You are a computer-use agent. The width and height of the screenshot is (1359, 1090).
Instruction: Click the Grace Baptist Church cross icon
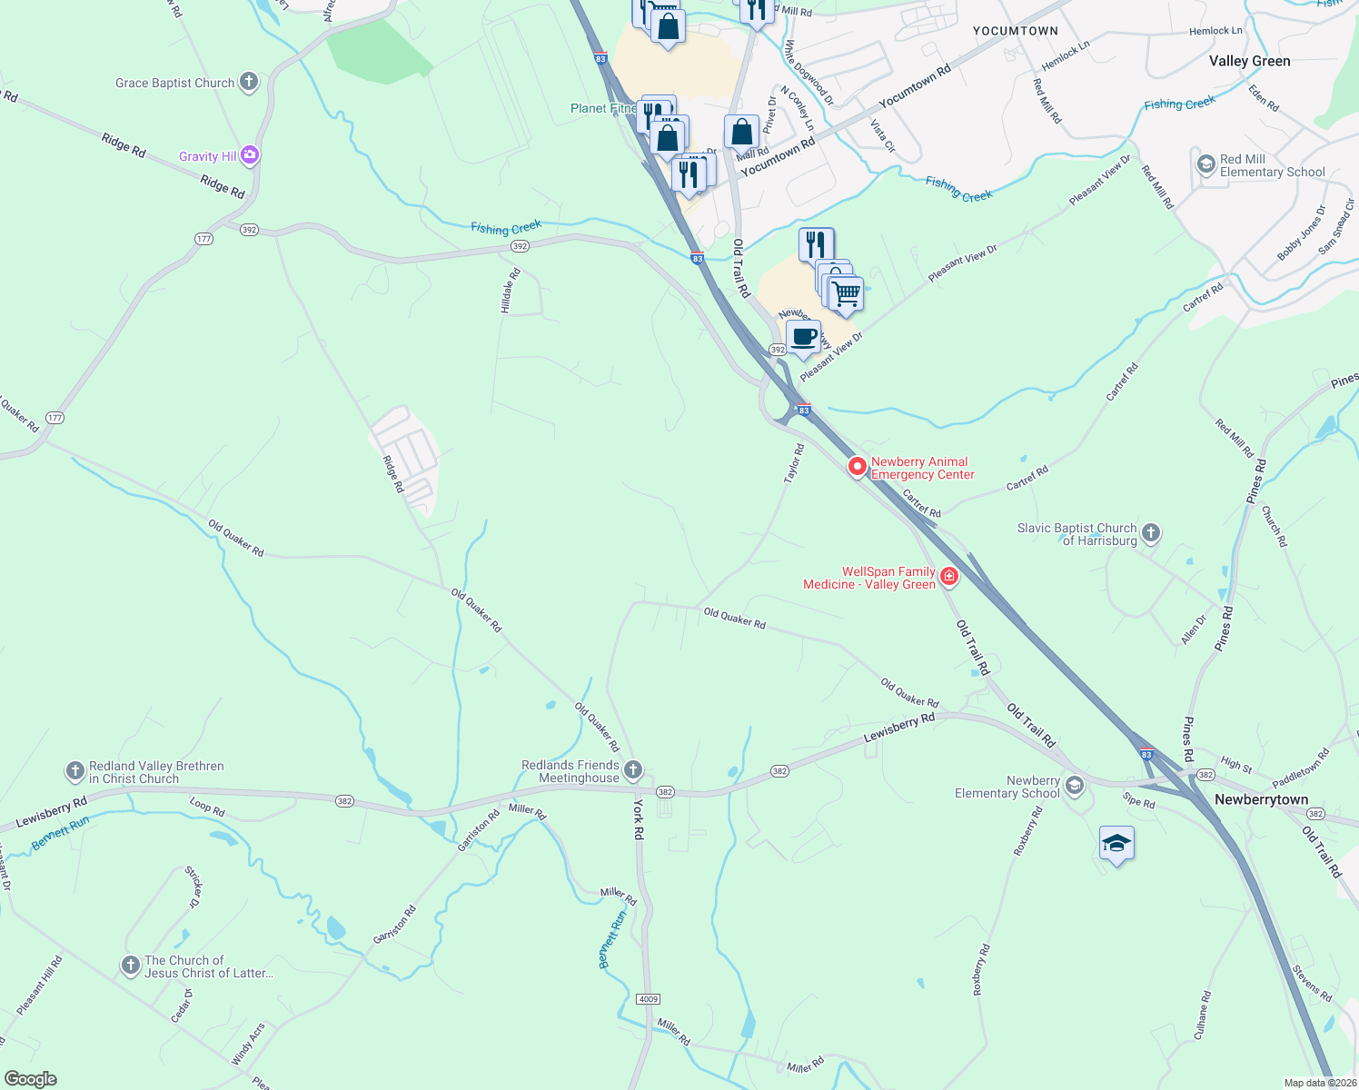coord(249,83)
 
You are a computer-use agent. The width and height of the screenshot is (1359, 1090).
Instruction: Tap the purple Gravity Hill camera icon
coord(250,156)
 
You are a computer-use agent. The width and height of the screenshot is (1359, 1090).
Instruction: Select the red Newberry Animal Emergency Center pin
coord(857,467)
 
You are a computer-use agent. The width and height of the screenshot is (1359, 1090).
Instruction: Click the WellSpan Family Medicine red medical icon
coord(949,576)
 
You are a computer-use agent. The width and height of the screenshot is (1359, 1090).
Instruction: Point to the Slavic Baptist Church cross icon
coord(1151,533)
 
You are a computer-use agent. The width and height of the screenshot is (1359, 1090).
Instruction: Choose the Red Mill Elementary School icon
coord(1206,164)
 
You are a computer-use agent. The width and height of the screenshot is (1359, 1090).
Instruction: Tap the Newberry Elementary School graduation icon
coord(1075,786)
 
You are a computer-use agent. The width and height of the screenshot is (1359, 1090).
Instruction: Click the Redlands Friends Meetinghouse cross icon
coord(633,771)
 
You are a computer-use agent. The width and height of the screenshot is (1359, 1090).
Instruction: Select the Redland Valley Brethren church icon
coord(75,772)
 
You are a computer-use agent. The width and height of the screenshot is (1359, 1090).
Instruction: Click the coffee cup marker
coord(803,338)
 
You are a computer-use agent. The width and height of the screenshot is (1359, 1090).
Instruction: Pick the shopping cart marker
coord(846,293)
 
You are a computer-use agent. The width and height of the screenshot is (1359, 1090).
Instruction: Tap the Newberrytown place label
coord(1261,799)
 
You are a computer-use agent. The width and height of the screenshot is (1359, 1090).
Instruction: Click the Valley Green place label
coord(1249,61)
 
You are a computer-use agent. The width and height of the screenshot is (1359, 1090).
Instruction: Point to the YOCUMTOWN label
coord(1015,31)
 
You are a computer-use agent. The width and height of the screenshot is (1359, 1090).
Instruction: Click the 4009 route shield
coord(648,999)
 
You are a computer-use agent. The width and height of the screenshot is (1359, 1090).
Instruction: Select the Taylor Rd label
coord(794,463)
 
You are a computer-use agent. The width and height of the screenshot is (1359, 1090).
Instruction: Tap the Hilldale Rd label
coord(511,291)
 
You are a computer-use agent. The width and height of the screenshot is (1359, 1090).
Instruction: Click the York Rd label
coord(638,819)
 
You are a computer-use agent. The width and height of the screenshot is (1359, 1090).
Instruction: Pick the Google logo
coord(30,1079)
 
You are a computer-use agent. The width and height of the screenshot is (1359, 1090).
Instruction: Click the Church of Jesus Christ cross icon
coord(131,966)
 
